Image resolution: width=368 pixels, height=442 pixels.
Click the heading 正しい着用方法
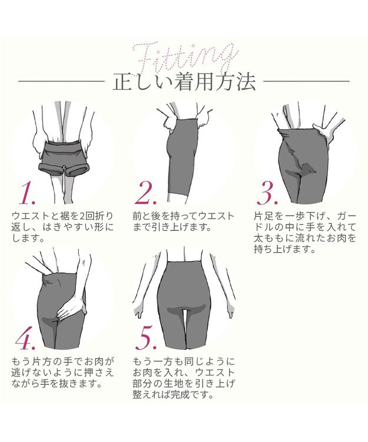pyautogui.click(x=183, y=83)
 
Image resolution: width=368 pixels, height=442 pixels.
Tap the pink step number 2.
pyautogui.click(x=147, y=193)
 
